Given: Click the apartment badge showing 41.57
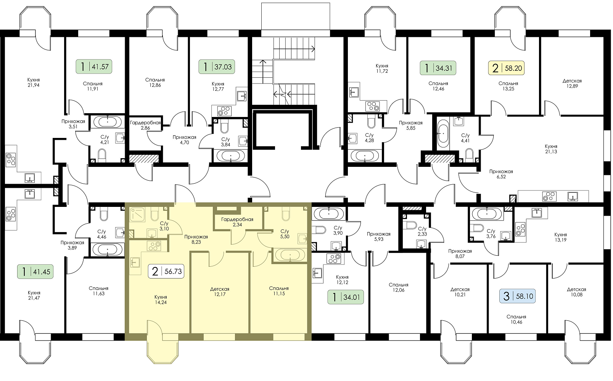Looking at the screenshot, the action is [93, 67].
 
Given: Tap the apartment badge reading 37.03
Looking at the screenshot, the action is [216, 67].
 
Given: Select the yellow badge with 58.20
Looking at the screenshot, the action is [506, 68].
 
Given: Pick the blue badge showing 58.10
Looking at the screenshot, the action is [517, 296].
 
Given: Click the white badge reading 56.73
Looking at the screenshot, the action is [166, 271].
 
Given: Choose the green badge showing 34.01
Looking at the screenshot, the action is [346, 297].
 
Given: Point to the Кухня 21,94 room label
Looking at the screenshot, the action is [34, 83].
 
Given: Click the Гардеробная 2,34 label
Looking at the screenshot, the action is [237, 222].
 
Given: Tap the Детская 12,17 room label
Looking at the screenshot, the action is [220, 291].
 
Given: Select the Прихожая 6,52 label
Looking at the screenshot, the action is [501, 174].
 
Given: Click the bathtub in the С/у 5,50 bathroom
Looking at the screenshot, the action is [290, 255].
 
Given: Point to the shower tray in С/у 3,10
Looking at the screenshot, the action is [139, 214].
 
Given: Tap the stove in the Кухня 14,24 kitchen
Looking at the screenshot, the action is [154, 247].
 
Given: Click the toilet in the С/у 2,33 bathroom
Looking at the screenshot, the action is [410, 225].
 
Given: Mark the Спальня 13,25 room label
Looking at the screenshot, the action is [508, 86].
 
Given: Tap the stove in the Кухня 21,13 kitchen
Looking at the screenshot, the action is [549, 196].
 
